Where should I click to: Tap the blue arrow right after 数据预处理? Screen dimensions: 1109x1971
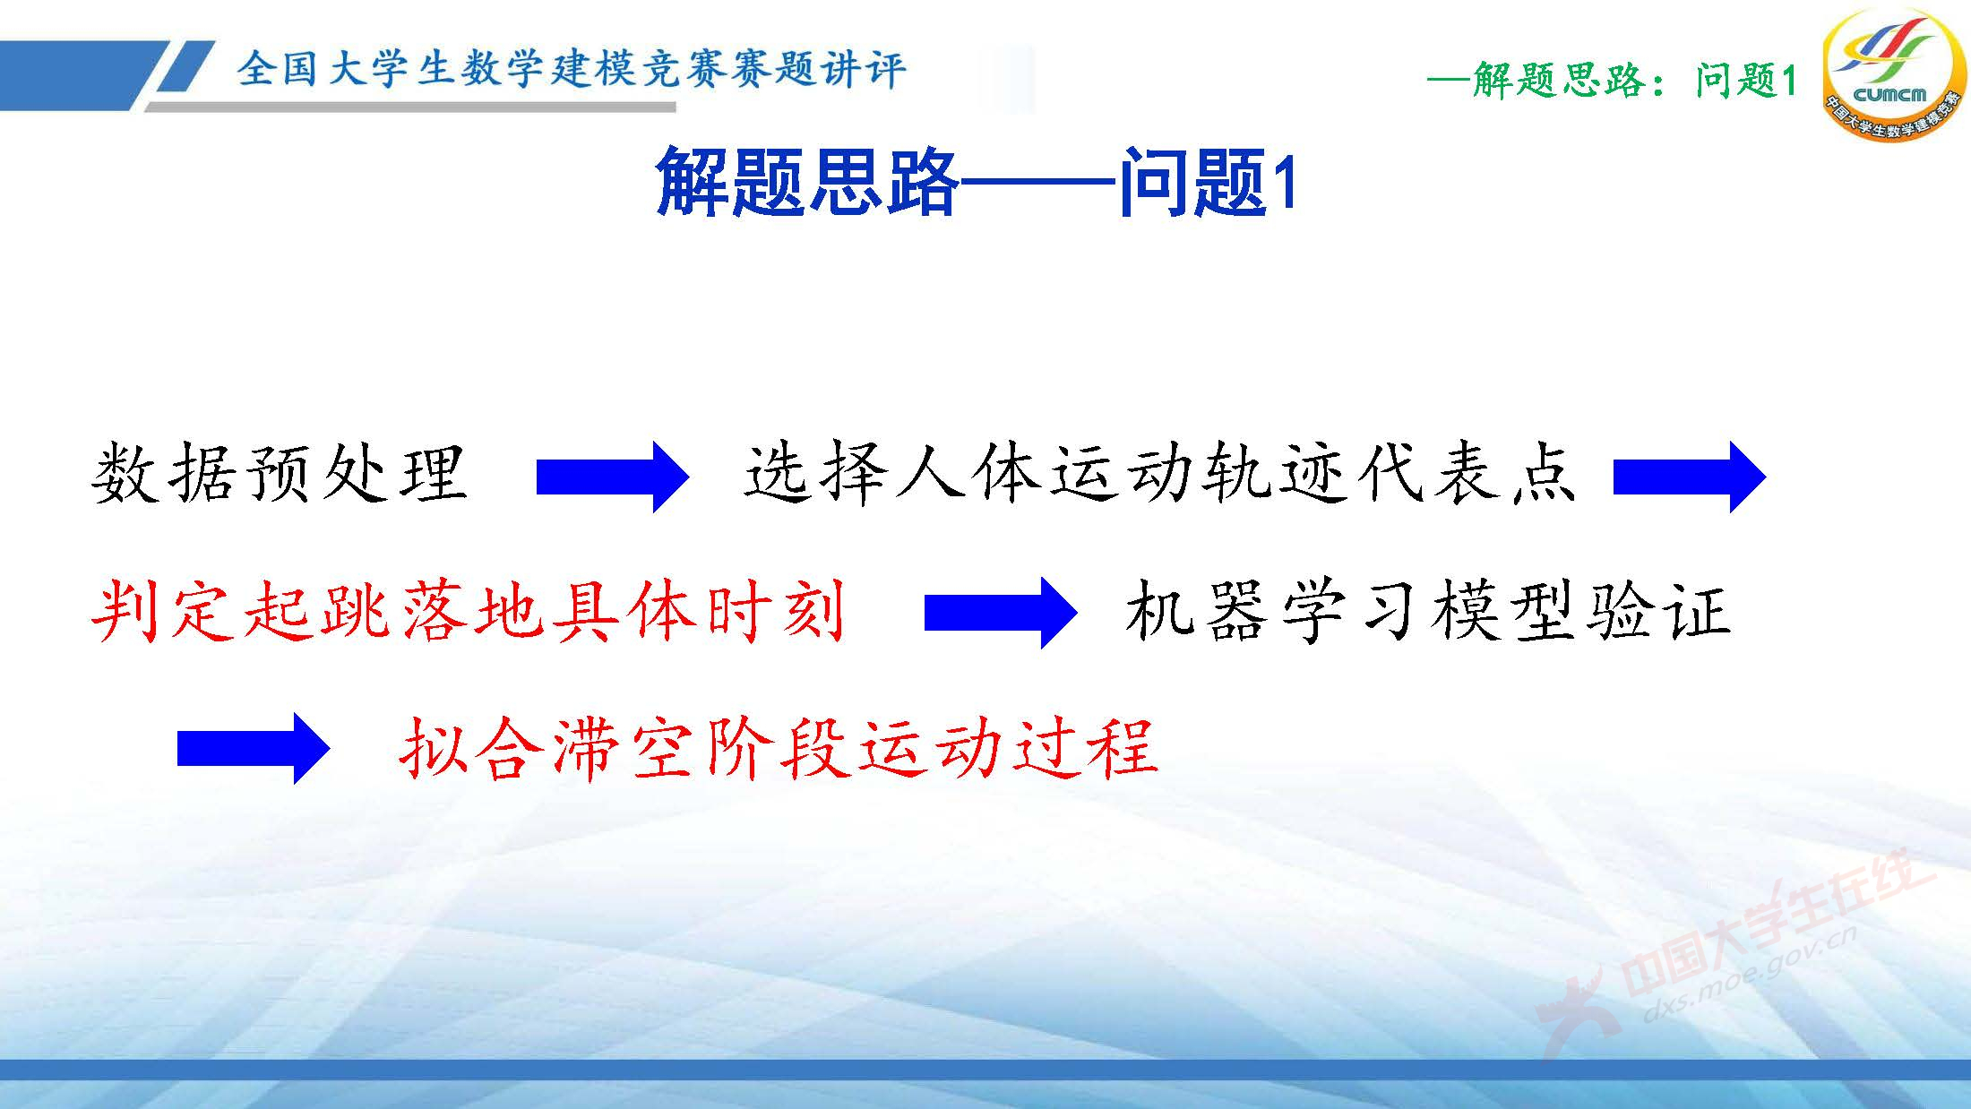coord(612,477)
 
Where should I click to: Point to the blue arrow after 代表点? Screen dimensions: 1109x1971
coord(1689,477)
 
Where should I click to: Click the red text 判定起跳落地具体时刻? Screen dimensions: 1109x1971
coord(469,612)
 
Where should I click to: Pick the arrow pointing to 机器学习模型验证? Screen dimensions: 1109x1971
coord(1000,613)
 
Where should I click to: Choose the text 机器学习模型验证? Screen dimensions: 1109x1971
coord(1427,612)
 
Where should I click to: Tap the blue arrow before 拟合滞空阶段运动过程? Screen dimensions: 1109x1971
coord(254,748)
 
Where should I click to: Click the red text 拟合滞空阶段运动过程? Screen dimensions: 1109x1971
coord(779,748)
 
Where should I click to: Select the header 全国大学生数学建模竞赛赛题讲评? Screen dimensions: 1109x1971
coord(572,69)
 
